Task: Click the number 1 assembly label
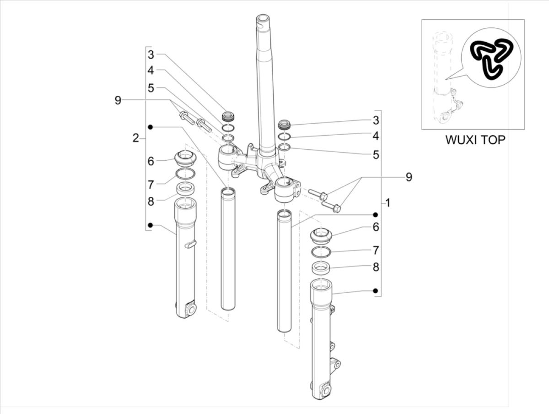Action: tap(388, 202)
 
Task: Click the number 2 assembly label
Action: tap(136, 138)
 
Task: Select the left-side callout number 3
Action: tap(151, 55)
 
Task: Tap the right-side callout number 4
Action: tap(376, 136)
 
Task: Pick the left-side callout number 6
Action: tap(151, 161)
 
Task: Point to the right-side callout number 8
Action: tap(376, 267)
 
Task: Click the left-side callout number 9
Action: tap(118, 100)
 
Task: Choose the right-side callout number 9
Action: tap(409, 176)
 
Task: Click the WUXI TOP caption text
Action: tap(475, 140)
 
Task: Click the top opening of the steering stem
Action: tap(264, 19)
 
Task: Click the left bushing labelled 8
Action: tap(185, 188)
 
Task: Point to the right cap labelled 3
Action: tap(285, 124)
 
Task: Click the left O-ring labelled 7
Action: tap(185, 173)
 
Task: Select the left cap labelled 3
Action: tap(228, 115)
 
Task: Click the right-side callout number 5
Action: tap(376, 155)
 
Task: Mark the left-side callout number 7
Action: tap(151, 184)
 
